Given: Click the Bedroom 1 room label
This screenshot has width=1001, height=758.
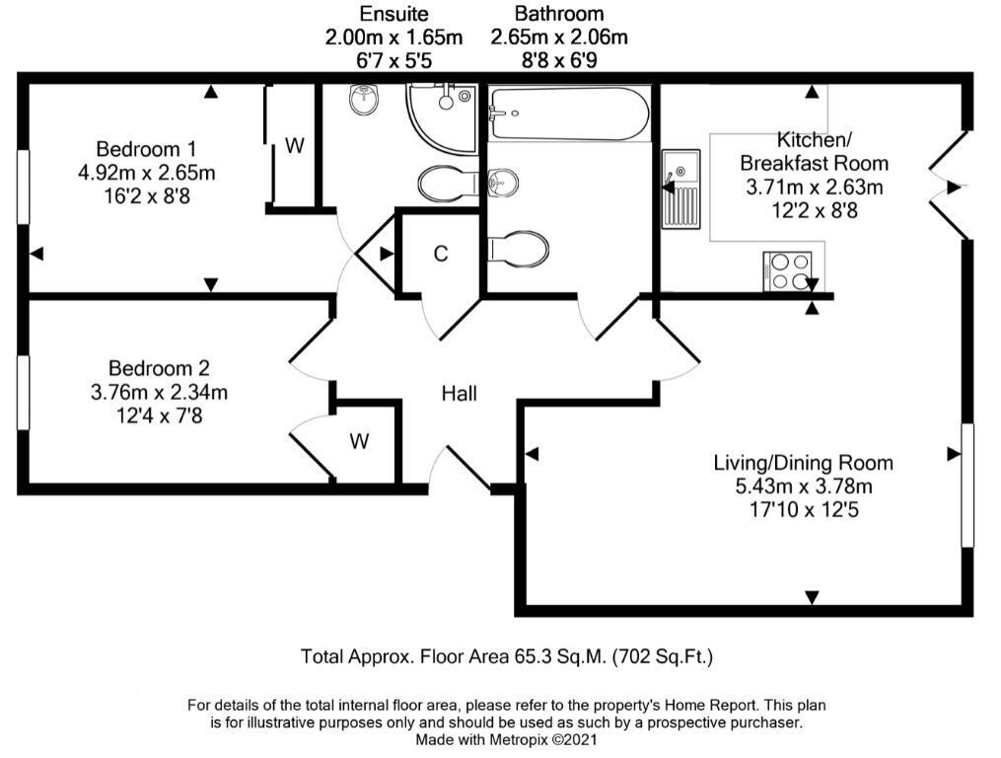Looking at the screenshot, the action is (146, 149).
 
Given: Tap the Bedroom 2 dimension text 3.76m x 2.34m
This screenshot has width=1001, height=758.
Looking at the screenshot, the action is (159, 392).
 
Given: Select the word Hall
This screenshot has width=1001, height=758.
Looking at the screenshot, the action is (459, 393).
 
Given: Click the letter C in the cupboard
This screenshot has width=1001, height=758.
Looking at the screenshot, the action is (441, 254).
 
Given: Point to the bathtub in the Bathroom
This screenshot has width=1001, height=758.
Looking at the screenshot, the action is (569, 114).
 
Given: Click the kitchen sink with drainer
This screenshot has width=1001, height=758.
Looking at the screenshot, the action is (681, 189).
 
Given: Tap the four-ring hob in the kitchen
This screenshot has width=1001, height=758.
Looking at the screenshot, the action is (787, 271).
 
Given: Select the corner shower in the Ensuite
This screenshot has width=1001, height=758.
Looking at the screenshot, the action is (443, 118).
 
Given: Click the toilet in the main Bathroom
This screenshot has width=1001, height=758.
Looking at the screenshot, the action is (518, 248).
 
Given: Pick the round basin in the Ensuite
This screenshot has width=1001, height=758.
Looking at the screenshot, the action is (365, 101).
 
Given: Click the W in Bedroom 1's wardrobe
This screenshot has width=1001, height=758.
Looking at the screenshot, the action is (294, 146).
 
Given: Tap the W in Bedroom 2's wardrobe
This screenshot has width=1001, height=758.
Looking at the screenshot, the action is (359, 441).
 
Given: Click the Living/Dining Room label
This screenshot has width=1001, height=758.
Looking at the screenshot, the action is (803, 463).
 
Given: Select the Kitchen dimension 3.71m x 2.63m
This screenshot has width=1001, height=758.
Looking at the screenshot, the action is (815, 188).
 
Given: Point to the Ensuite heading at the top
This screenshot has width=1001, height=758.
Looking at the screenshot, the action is (393, 14).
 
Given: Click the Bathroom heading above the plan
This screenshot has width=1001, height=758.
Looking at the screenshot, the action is (559, 14).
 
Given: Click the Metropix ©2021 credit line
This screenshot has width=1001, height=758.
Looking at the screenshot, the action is (542, 740).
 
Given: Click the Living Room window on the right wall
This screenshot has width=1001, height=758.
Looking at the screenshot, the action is (967, 485).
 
